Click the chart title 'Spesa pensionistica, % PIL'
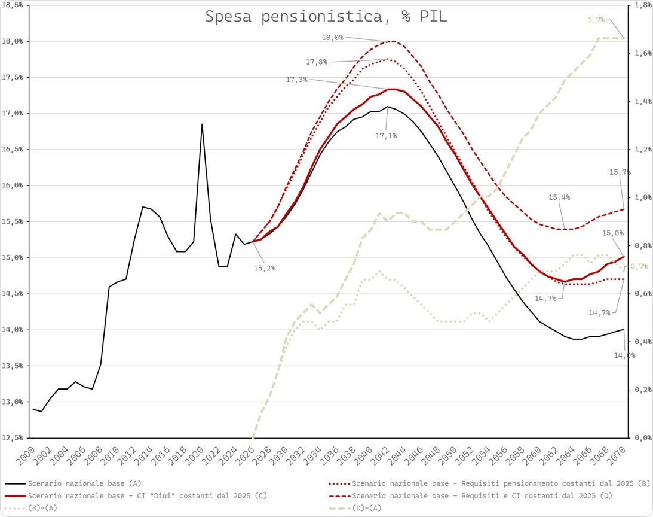pyautogui.click(x=326, y=17)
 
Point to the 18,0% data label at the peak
pyautogui.click(x=333, y=37)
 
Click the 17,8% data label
pyautogui.click(x=318, y=62)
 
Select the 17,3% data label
pyautogui.click(x=297, y=80)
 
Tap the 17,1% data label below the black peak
pyautogui.click(x=386, y=136)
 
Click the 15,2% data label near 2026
pyautogui.click(x=265, y=268)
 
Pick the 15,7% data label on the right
pyautogui.click(x=620, y=172)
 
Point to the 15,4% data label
pyautogui.click(x=559, y=197)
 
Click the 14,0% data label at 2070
pyautogui.click(x=625, y=355)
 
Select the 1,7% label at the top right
pyautogui.click(x=596, y=20)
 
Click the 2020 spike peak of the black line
pyautogui.click(x=202, y=124)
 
